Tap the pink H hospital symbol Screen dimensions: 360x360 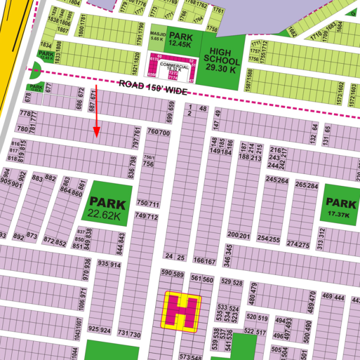[x=182, y=310]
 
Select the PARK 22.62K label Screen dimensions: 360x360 [x=107, y=210]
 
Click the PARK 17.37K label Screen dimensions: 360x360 [x=342, y=206]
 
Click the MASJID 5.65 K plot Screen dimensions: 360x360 [x=157, y=37]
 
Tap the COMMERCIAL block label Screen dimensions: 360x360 [x=174, y=68]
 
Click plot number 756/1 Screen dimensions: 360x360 [x=149, y=157]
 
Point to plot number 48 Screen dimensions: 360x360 [x=202, y=109]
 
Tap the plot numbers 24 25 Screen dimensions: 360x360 [x=175, y=257]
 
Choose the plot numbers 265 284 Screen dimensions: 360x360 [x=307, y=185]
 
